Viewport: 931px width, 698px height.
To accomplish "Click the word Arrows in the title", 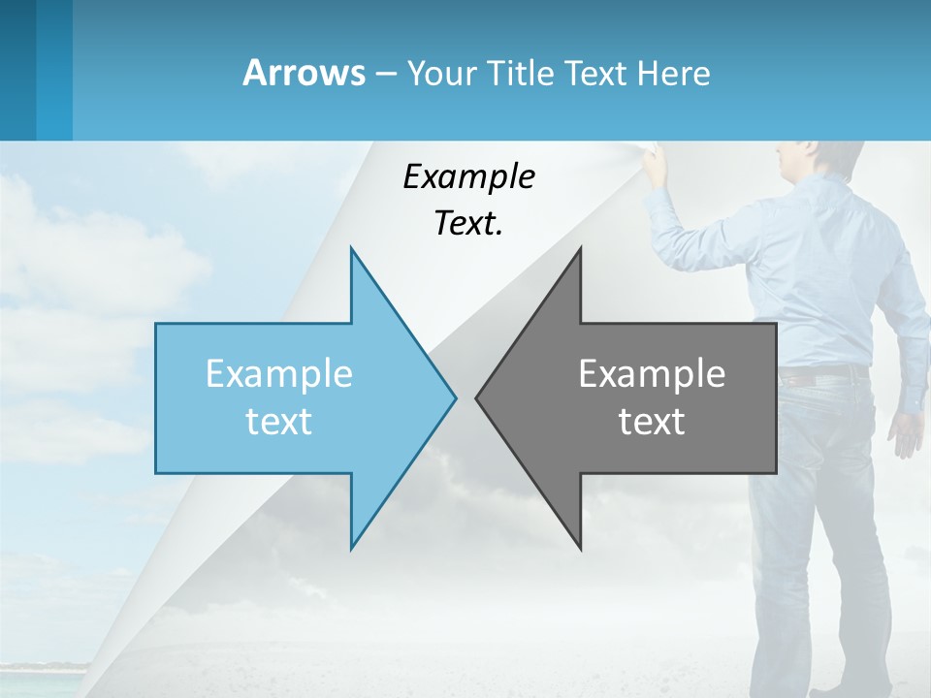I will click(304, 73).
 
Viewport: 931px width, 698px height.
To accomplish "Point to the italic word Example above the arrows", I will click(468, 176).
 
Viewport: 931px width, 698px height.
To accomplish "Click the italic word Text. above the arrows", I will click(468, 223).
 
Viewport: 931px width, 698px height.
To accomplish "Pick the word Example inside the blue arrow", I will click(278, 373).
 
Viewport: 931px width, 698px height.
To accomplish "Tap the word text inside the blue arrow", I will click(278, 421).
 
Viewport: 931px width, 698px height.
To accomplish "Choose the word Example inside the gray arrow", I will click(652, 373).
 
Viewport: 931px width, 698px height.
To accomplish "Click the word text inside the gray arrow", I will click(652, 421).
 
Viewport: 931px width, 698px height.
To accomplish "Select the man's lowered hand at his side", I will click(907, 432).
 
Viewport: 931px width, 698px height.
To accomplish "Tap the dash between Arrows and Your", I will click(384, 74).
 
